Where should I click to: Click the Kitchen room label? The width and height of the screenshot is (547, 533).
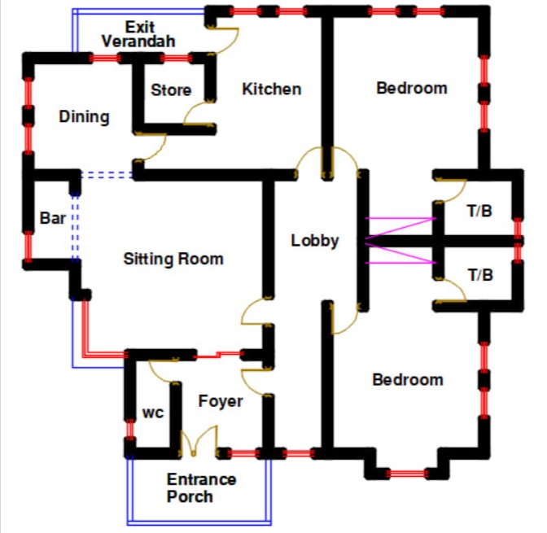(x=271, y=90)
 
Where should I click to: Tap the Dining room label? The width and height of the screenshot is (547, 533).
(x=84, y=117)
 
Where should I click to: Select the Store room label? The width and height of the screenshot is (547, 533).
(x=171, y=90)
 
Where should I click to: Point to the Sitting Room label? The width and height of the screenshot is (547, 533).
(x=173, y=260)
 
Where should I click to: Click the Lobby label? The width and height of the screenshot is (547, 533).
(x=314, y=241)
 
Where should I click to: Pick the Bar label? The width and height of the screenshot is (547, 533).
(x=53, y=218)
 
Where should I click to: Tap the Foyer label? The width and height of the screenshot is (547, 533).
(x=221, y=401)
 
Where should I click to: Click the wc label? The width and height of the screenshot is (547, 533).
(x=153, y=413)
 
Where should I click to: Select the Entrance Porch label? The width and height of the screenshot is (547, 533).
(x=201, y=488)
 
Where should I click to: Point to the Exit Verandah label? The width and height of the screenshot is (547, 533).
(x=139, y=34)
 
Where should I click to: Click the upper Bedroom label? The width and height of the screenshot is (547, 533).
(x=411, y=88)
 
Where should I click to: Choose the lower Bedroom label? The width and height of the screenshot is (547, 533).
(x=407, y=380)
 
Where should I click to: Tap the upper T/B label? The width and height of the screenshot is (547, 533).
(x=480, y=210)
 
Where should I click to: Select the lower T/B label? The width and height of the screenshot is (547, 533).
(x=480, y=275)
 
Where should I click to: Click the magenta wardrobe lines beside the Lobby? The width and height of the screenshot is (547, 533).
(x=399, y=240)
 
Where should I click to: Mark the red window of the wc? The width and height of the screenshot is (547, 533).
(x=129, y=429)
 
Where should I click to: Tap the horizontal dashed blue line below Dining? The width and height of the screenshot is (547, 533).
(x=107, y=173)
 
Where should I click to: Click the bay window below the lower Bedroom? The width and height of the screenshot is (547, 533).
(x=407, y=473)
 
